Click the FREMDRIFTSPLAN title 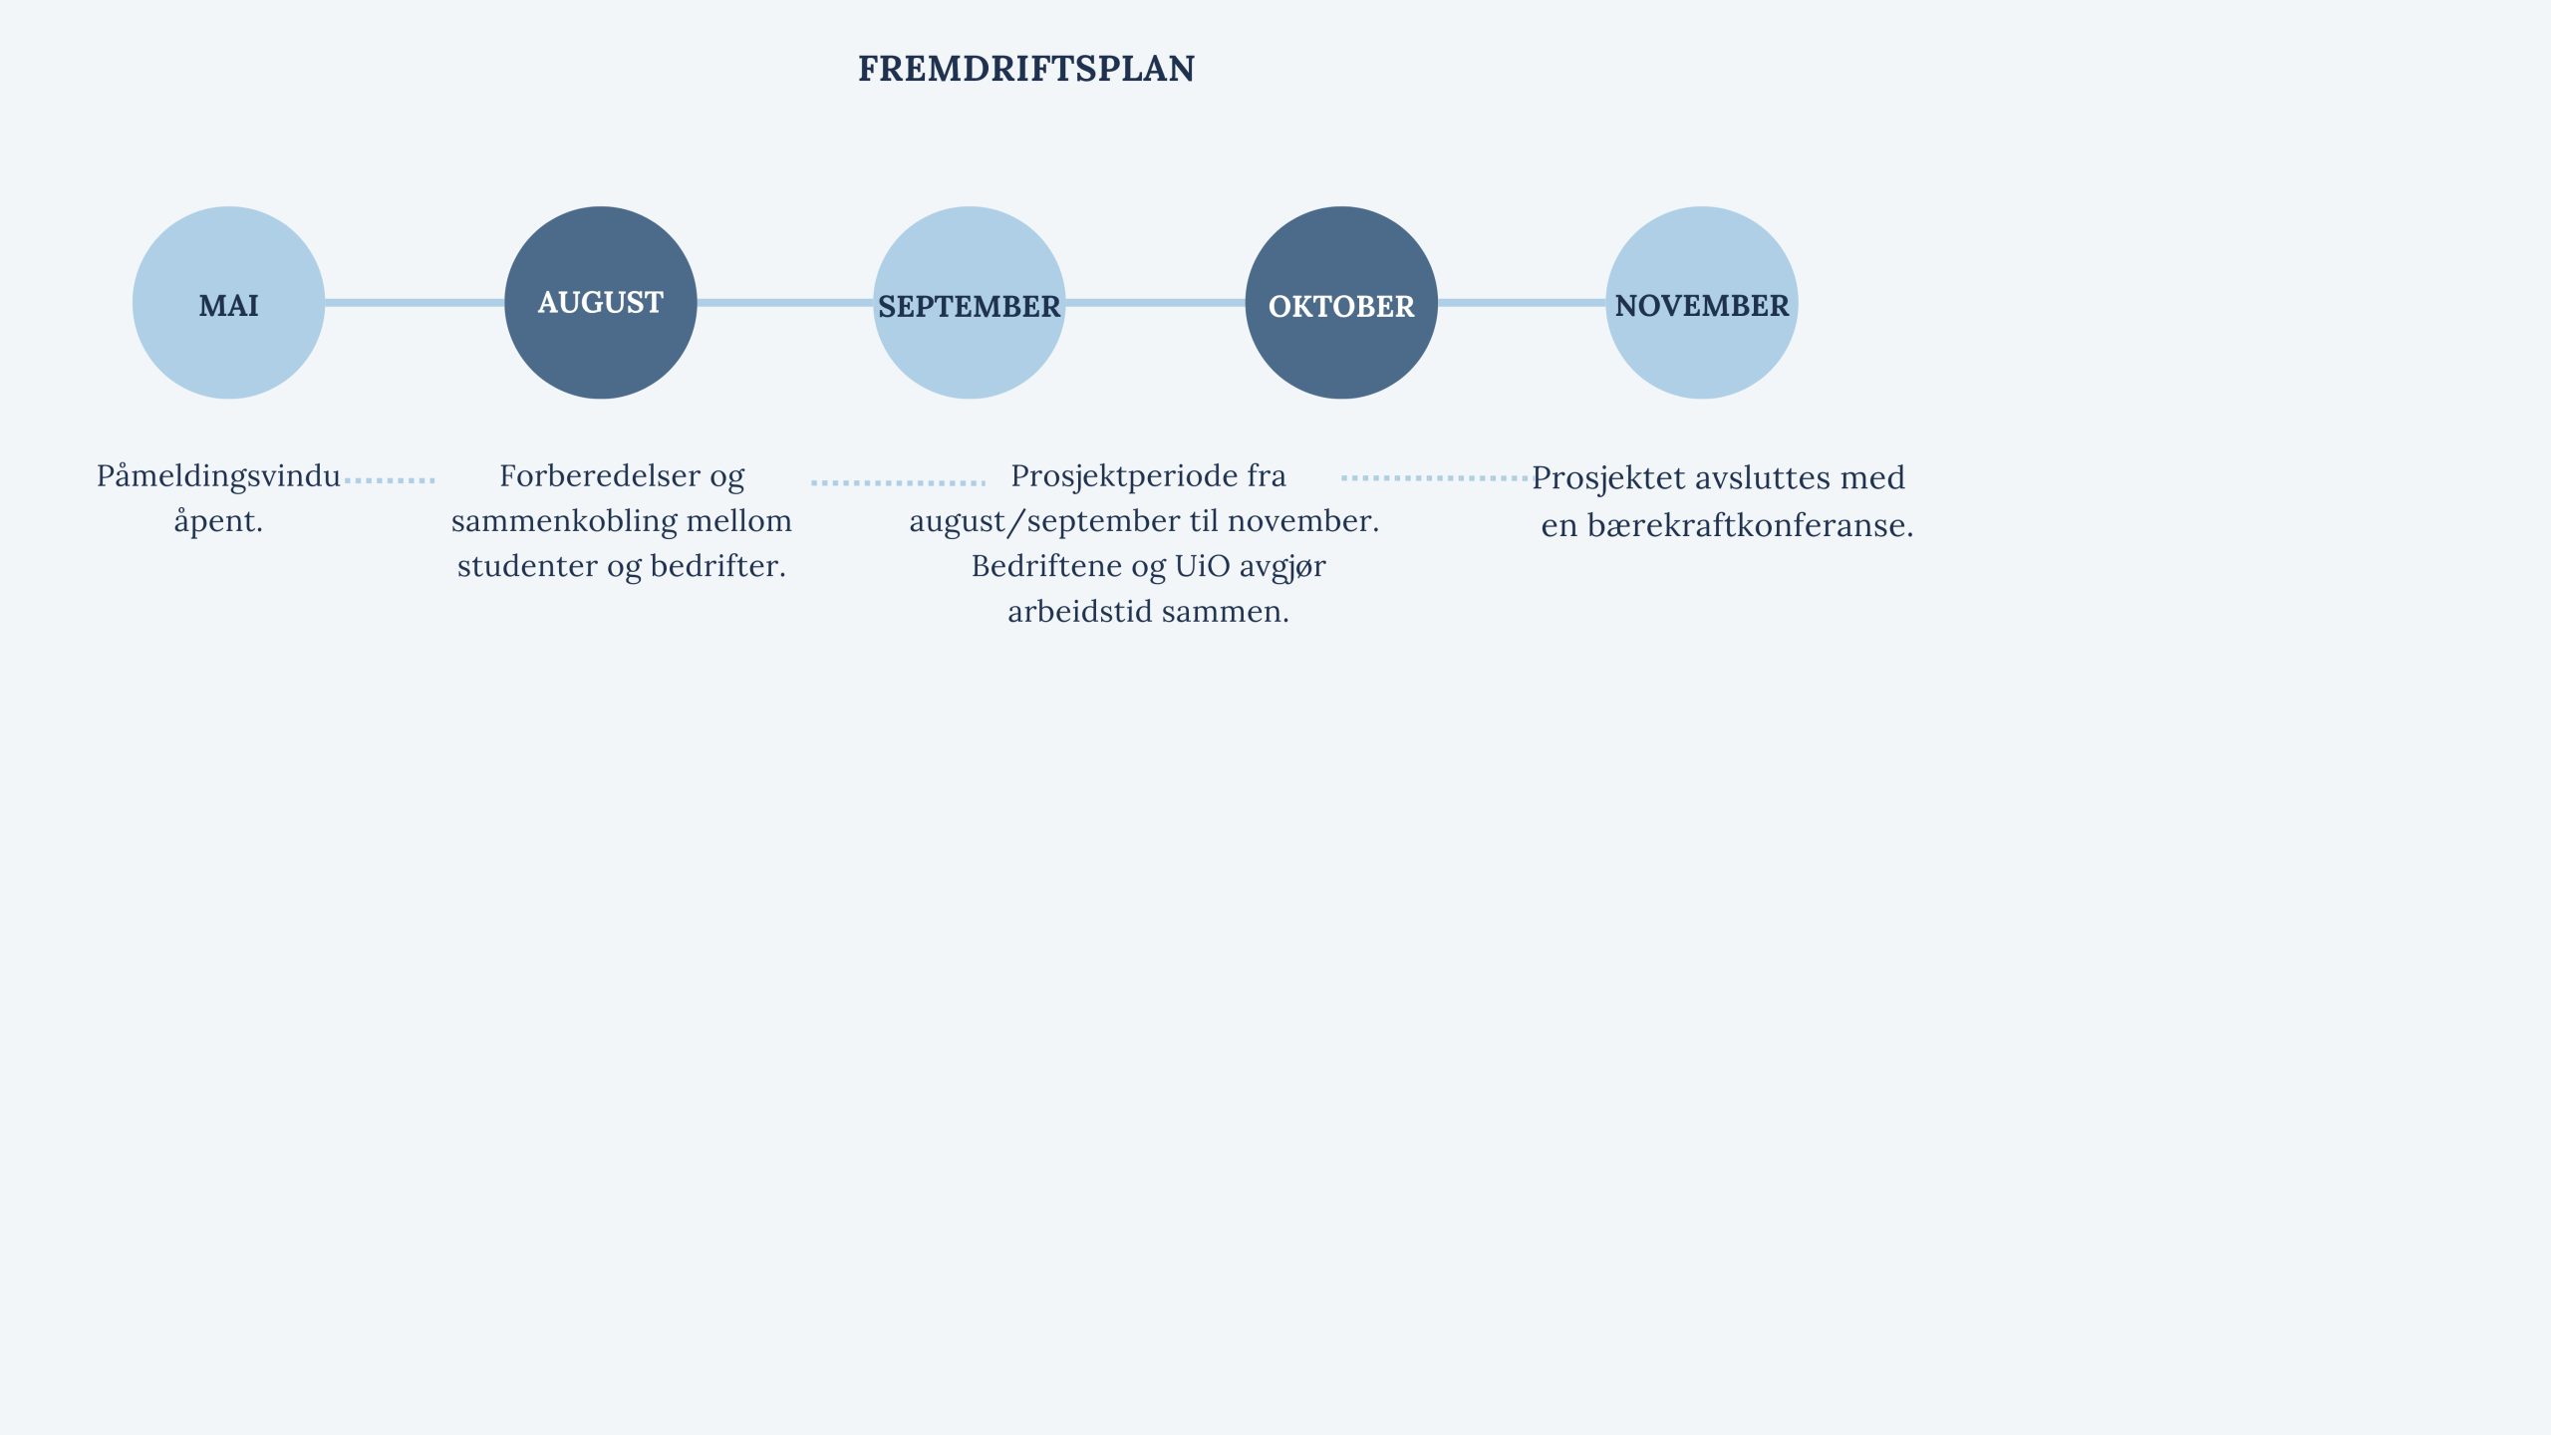coord(1026,69)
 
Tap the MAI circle coord(228,303)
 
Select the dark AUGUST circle coord(601,303)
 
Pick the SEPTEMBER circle coord(970,303)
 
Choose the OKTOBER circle coord(1341,303)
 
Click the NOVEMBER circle coord(1702,303)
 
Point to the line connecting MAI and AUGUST coord(415,302)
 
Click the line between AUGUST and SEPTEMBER coord(785,302)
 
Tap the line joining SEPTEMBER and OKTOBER coord(1156,302)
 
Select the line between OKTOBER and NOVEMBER coord(1522,302)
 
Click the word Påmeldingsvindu coord(218,477)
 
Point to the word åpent coord(218,520)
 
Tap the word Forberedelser coord(600,475)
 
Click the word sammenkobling coord(565,520)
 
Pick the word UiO coord(1203,566)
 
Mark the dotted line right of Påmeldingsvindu coord(390,480)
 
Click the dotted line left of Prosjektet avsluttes coord(1435,478)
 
